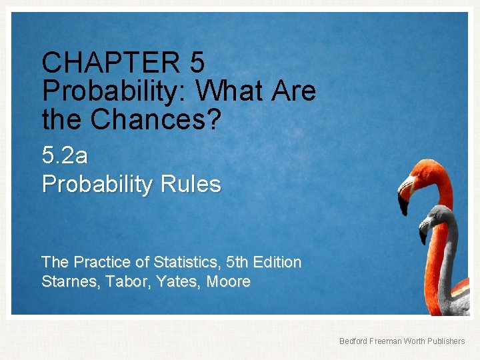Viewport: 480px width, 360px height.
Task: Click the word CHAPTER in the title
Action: pyautogui.click(x=111, y=63)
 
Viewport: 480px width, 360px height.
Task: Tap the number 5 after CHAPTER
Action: pyautogui.click(x=197, y=63)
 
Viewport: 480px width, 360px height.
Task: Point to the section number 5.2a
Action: pyautogui.click(x=65, y=155)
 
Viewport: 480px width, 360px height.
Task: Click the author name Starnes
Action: pyautogui.click(x=67, y=281)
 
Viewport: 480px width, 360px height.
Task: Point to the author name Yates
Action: pyautogui.click(x=178, y=281)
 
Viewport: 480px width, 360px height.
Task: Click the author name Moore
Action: pyautogui.click(x=229, y=281)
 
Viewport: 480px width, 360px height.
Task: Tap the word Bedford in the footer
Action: pyautogui.click(x=353, y=341)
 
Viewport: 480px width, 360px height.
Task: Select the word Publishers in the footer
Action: pyautogui.click(x=443, y=341)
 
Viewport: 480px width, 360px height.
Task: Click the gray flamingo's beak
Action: pyautogui.click(x=423, y=233)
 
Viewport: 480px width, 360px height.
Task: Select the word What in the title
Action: pyautogui.click(x=228, y=90)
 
